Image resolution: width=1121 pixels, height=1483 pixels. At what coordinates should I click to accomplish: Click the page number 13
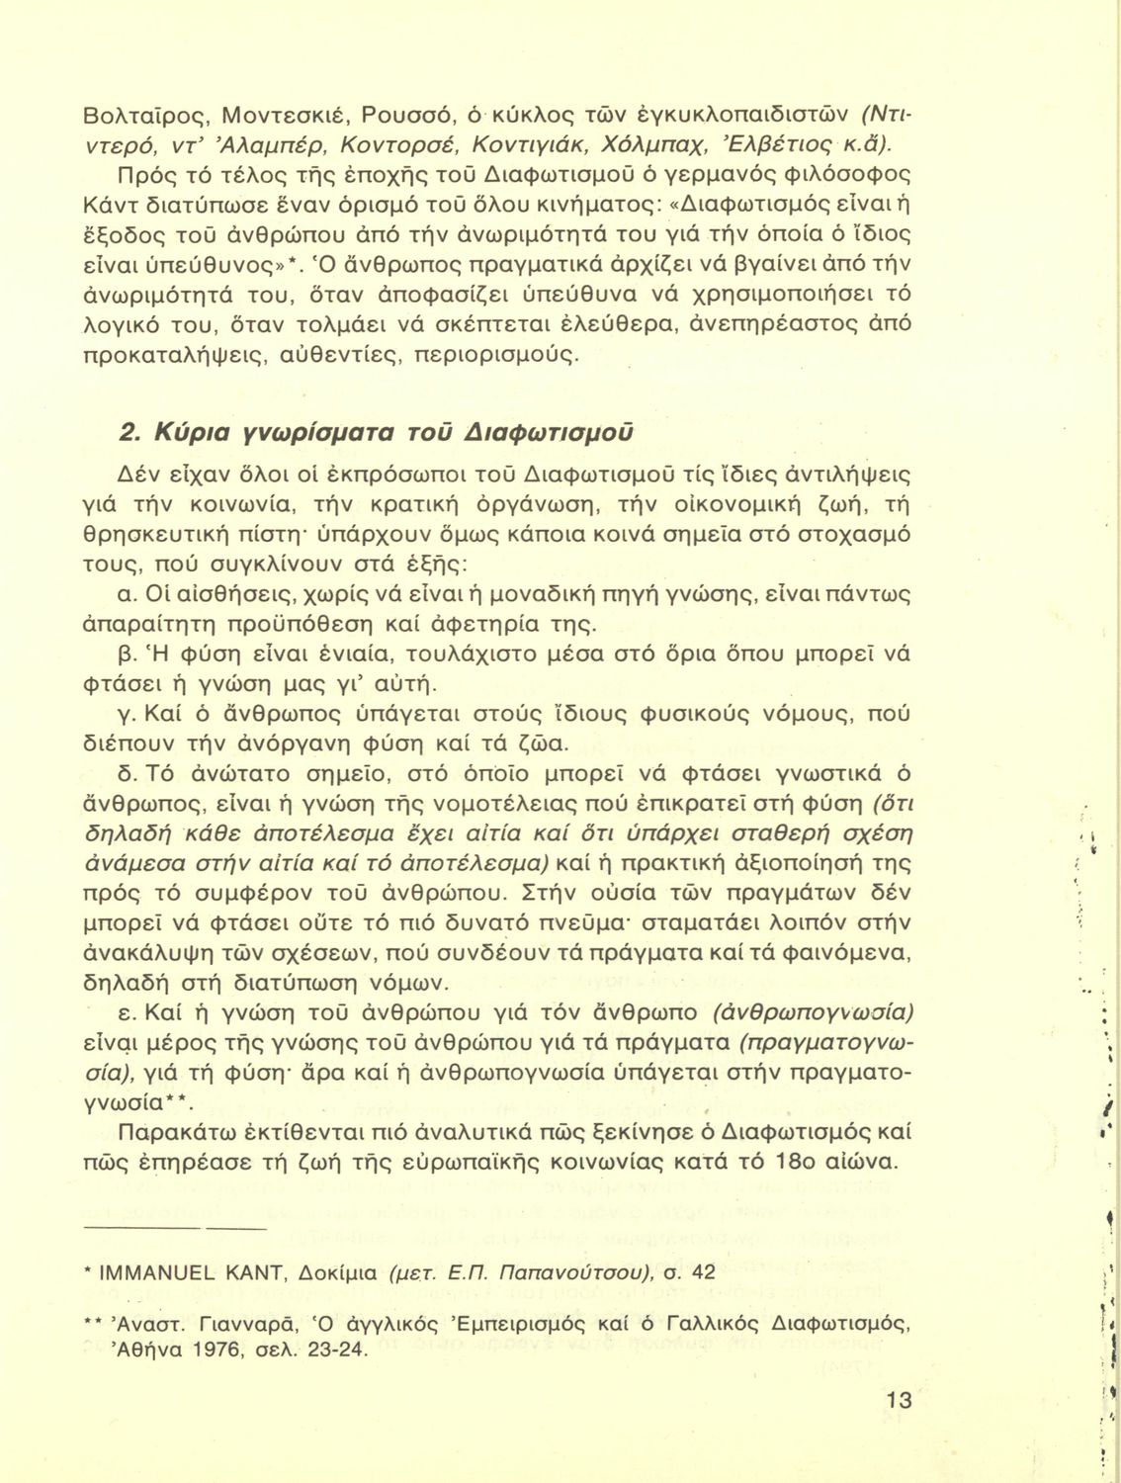pos(899,1399)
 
